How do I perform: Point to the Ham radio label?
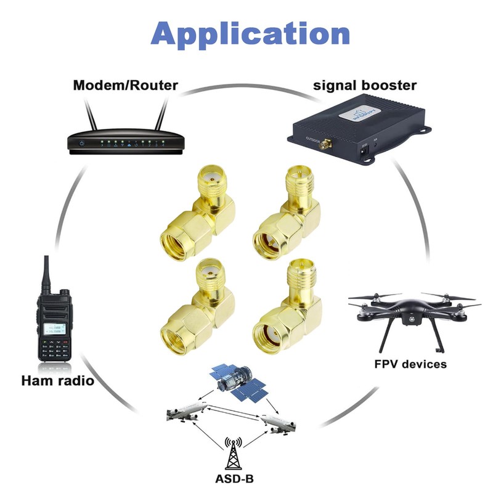click(x=57, y=380)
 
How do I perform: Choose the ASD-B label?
click(x=234, y=479)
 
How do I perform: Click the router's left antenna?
click(x=90, y=118)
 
